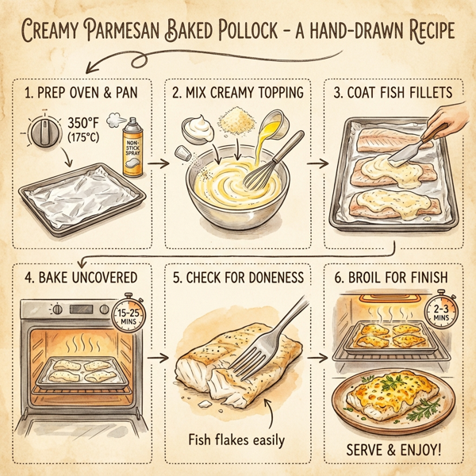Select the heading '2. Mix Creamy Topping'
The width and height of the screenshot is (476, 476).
238,93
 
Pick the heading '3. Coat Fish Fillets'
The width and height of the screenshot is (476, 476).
394,93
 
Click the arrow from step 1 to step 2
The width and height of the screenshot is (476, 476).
157,164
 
